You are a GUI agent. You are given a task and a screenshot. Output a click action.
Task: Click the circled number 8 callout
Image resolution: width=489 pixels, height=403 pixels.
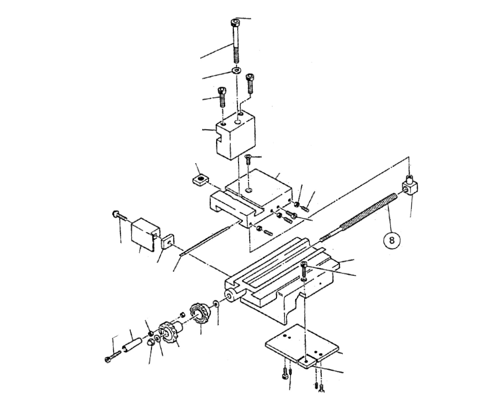[x=391, y=240]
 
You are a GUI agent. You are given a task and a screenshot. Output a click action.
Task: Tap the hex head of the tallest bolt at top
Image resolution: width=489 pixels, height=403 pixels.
[x=235, y=23]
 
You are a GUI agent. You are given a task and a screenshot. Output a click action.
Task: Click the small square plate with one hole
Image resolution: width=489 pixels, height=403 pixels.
[x=167, y=242]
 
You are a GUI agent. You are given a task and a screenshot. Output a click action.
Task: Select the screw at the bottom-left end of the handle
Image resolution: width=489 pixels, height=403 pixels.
[x=111, y=357]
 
